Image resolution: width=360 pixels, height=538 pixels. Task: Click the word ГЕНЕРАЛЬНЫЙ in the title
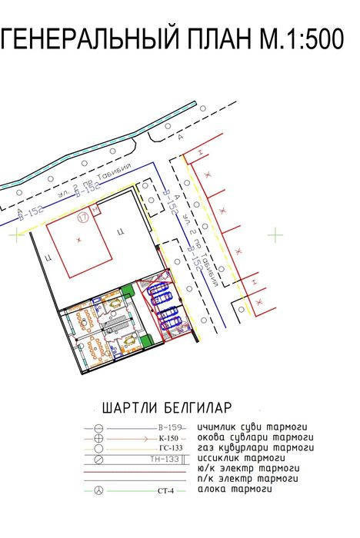(95, 41)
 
